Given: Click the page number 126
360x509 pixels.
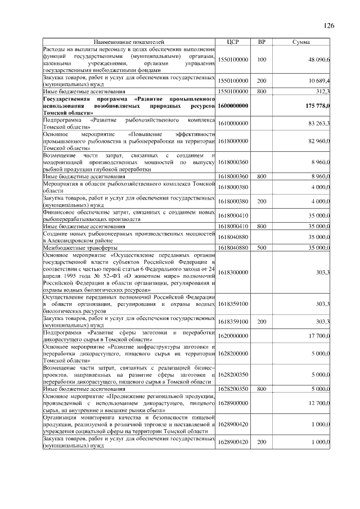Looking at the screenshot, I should (x=329, y=25).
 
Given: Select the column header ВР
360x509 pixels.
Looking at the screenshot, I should (x=262, y=42).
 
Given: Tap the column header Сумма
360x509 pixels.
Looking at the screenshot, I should (x=303, y=42).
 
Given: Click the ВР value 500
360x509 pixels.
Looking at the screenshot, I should (x=262, y=247).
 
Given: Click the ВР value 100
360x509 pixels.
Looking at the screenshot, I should (x=262, y=59).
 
